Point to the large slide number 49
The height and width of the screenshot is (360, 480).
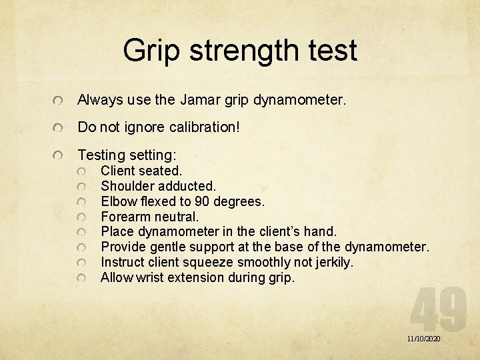[x=438, y=308]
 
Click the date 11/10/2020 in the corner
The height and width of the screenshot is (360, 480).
[x=424, y=339]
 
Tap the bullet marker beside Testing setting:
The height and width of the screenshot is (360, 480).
[x=60, y=156]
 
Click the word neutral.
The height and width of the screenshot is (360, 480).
[x=177, y=217]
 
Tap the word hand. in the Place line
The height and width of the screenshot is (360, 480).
[x=321, y=232]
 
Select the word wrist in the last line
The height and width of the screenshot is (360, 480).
[x=151, y=278]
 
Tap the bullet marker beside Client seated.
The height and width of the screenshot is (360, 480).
[x=81, y=171]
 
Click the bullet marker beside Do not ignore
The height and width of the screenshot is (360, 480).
[x=60, y=127]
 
